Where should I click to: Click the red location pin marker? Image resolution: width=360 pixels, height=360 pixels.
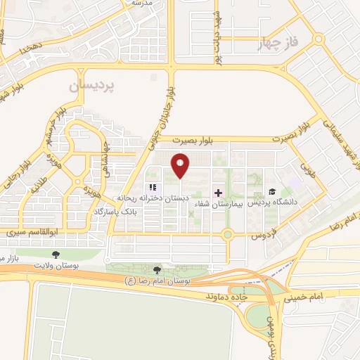pos(181,165)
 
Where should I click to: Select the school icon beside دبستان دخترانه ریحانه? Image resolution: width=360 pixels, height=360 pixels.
pos(151,188)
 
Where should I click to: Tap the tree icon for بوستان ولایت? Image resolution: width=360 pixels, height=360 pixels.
pos(56,254)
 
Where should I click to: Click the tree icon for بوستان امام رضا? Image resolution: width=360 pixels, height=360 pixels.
pos(157,270)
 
